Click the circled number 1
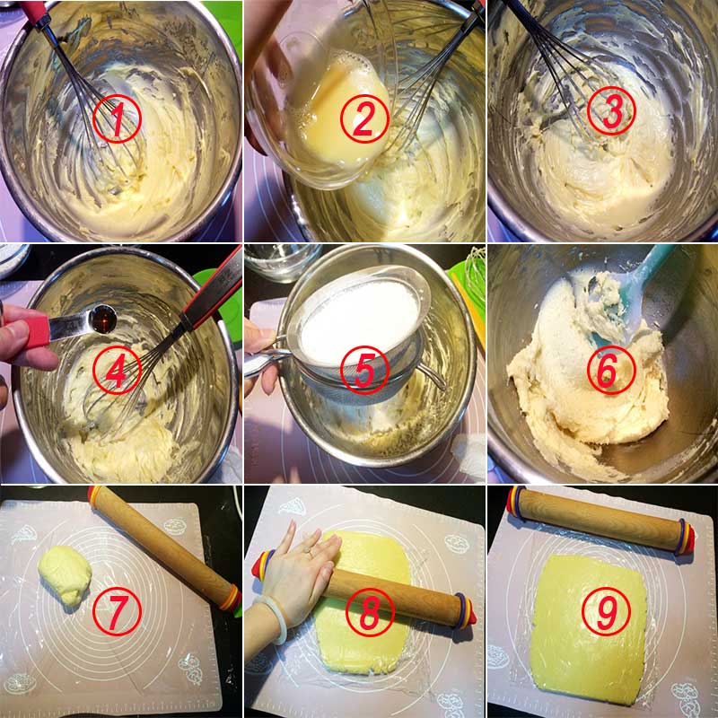[x=117, y=118]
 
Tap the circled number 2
[x=364, y=118]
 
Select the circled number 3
[x=611, y=110]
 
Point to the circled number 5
[x=364, y=369]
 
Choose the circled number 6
[x=611, y=369]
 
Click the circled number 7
[x=117, y=612]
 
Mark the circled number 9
[x=606, y=612]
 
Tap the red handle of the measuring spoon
[x=33, y=330]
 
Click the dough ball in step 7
[x=65, y=574]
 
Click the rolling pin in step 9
[x=600, y=521]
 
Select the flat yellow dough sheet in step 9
[x=589, y=630]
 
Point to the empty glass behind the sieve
[x=283, y=262]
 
